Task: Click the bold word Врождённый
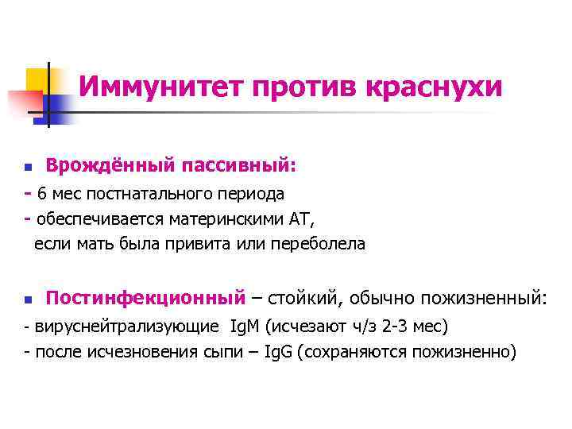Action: tap(109, 165)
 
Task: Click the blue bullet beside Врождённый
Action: tap(27, 168)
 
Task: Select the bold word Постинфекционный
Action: tap(145, 299)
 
